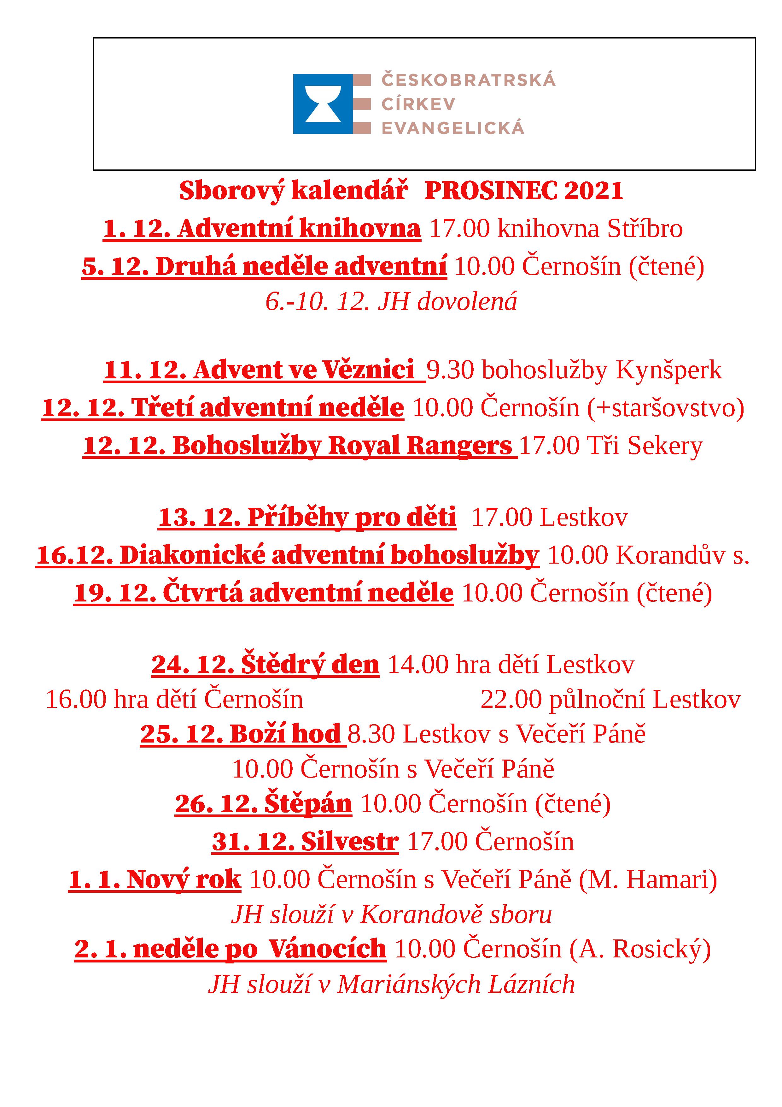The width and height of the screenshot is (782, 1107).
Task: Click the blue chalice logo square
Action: pos(323,104)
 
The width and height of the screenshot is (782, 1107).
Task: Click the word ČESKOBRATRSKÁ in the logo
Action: pos(468,80)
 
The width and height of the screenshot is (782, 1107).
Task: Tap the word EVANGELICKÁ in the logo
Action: pos(452,128)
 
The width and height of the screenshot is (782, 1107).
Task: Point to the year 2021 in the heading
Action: pos(594,191)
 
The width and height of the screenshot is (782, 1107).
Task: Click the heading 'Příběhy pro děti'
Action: pos(351,517)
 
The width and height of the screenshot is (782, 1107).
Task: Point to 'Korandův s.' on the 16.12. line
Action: pos(683,555)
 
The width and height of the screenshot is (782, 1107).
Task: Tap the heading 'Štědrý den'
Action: pos(310,664)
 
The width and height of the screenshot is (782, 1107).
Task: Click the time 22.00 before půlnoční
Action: pos(511,700)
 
